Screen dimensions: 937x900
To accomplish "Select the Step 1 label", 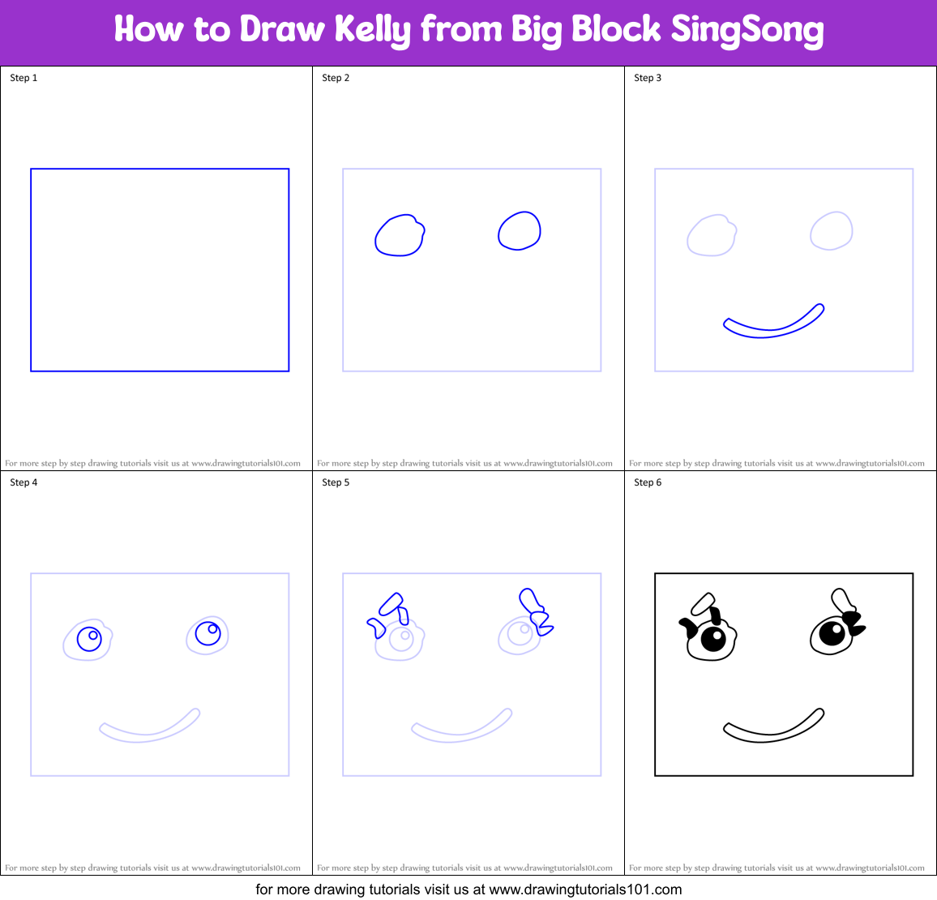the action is (24, 78).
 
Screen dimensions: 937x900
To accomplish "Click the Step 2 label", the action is (336, 78).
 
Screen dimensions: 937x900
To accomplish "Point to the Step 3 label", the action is (647, 78).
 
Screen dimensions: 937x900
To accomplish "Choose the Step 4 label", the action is (24, 482).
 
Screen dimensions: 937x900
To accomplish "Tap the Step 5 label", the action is (336, 482).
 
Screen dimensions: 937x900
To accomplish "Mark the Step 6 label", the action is (647, 482).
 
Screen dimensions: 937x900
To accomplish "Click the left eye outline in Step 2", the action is (376, 237).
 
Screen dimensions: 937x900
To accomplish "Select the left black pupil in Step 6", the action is (712, 640).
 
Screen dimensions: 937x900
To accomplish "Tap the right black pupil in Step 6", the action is (832, 633).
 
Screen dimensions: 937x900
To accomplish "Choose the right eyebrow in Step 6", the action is (841, 600).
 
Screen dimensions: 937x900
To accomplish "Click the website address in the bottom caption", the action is (585, 889).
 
